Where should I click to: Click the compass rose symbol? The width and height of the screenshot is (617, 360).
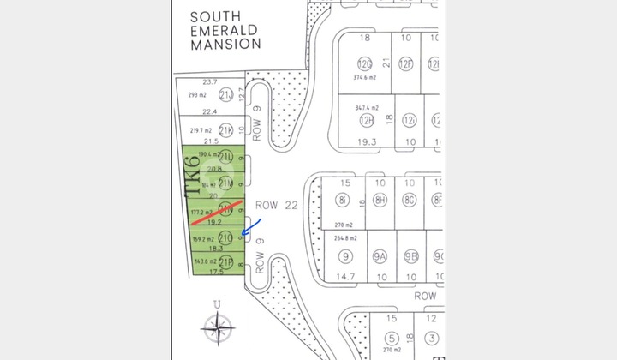[220, 327]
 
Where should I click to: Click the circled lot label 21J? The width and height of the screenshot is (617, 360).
[226, 95]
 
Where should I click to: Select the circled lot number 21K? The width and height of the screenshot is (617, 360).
[226, 130]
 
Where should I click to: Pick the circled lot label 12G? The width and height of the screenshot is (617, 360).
[365, 63]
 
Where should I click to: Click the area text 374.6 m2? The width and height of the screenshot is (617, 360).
[366, 77]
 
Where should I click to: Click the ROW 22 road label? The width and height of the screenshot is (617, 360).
[274, 205]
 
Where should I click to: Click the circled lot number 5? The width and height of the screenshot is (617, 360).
[392, 338]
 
